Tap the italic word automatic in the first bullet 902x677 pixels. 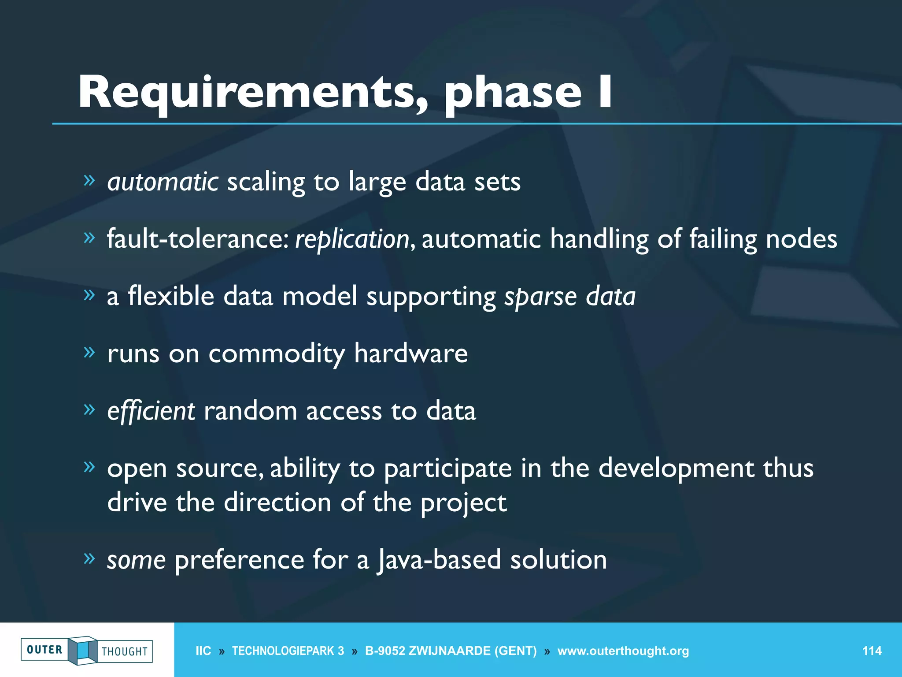[x=163, y=182]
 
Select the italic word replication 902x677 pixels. [x=352, y=239]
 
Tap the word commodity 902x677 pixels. [x=277, y=354]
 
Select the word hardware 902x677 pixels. [x=410, y=353]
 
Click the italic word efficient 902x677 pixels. [x=151, y=411]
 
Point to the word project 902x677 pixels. [x=463, y=503]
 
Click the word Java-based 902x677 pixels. [x=439, y=560]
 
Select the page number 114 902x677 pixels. [x=872, y=651]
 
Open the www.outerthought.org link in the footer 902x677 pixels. [x=623, y=651]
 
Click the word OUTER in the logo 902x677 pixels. [x=44, y=650]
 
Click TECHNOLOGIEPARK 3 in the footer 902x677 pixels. [x=288, y=651]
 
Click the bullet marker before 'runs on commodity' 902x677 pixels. [x=89, y=352]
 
